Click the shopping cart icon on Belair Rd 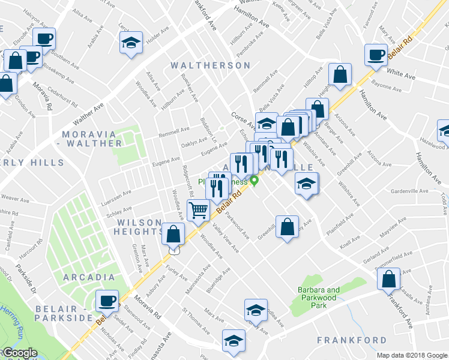click(x=198, y=211)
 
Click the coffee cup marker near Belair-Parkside click(x=107, y=301)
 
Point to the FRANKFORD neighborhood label click(x=352, y=340)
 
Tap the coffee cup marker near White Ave click(x=376, y=55)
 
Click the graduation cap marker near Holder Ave click(x=130, y=43)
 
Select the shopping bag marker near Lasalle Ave click(x=388, y=279)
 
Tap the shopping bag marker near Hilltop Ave click(x=340, y=75)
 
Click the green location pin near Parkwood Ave click(x=255, y=180)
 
